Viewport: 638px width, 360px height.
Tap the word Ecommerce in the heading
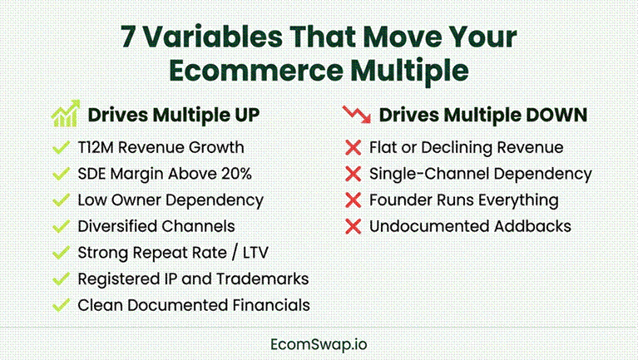[256, 70]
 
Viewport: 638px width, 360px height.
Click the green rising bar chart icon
[66, 114]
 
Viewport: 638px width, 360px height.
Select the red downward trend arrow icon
[357, 114]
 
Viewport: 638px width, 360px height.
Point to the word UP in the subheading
[246, 115]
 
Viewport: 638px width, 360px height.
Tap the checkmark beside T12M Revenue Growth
[61, 147]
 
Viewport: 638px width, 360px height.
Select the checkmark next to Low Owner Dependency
[61, 200]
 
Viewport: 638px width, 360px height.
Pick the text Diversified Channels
[156, 226]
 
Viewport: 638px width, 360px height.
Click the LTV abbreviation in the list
[255, 253]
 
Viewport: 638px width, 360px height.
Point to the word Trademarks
[263, 279]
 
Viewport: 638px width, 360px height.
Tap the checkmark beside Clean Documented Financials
[61, 305]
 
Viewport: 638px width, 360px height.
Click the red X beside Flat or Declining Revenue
[354, 148]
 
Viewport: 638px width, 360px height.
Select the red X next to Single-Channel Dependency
[354, 174]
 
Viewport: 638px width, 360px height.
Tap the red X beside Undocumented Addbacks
[354, 226]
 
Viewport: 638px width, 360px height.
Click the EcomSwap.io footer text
[319, 344]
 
